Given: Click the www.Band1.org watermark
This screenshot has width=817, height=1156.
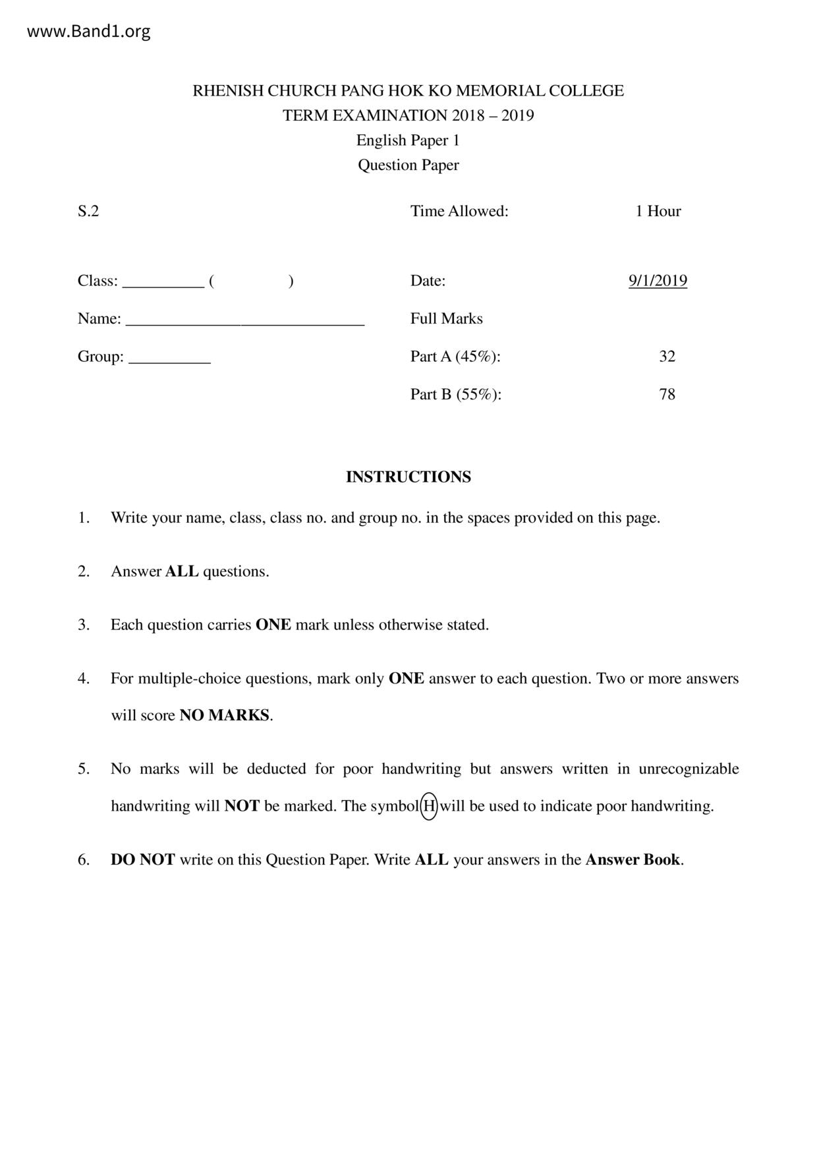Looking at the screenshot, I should (x=88, y=32).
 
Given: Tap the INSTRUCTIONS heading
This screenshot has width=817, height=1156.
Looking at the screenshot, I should (x=408, y=477).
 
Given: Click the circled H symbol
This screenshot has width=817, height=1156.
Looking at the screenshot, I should (x=429, y=805).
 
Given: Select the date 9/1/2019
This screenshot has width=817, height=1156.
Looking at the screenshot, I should (x=658, y=281).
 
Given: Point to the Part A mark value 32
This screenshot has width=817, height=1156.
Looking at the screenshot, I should (x=667, y=357).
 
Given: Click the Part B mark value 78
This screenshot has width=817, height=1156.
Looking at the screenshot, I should (x=667, y=394).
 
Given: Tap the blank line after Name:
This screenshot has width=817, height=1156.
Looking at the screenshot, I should (x=244, y=322).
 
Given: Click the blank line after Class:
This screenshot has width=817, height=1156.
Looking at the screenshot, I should (x=163, y=284).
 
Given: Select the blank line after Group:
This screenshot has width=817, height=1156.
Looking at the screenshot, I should (x=169, y=360).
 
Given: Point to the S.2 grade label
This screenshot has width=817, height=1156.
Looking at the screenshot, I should (x=88, y=212).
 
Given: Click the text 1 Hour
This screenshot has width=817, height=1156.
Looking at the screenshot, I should (x=658, y=212).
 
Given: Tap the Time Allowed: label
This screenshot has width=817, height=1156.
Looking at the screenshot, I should (x=459, y=212).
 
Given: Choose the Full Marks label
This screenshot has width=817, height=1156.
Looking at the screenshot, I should (x=446, y=319).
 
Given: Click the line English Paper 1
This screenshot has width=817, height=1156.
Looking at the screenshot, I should (x=408, y=140).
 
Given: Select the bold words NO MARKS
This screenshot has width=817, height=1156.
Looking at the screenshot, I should (x=224, y=715).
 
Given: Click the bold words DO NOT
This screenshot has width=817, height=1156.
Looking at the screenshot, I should (x=142, y=859).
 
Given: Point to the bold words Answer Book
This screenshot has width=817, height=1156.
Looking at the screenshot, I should (x=632, y=859).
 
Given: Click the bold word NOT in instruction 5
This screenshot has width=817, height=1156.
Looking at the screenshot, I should (x=242, y=805).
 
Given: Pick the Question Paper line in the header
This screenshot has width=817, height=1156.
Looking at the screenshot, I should (x=408, y=165).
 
